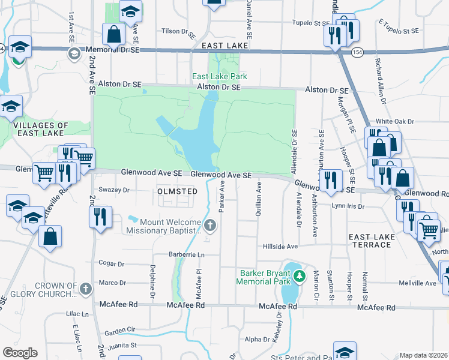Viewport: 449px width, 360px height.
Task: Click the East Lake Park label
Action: pyautogui.click(x=219, y=76)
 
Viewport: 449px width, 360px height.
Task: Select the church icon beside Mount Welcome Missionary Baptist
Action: pyautogui.click(x=209, y=226)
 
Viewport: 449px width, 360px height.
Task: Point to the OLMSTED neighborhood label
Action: pyautogui.click(x=177, y=191)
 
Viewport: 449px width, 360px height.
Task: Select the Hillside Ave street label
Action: pyautogui.click(x=280, y=247)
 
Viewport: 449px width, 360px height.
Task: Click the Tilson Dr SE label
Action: pyautogui.click(x=178, y=31)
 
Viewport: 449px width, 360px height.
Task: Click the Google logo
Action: pyautogui.click(x=20, y=353)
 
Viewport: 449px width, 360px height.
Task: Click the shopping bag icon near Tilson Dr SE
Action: pyautogui.click(x=113, y=34)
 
